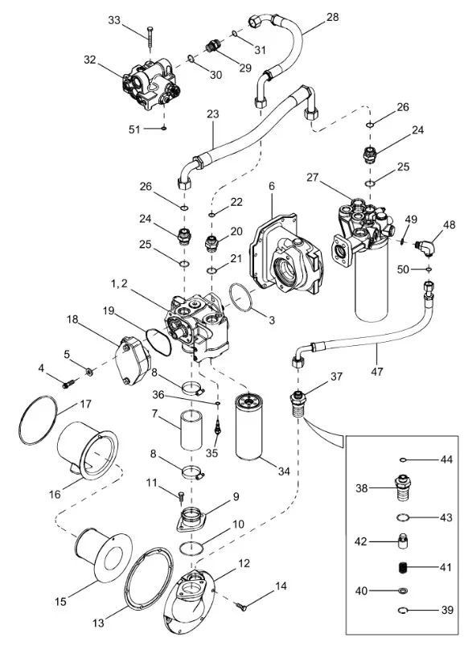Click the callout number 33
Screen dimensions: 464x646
(115, 20)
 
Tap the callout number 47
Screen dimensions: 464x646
(376, 371)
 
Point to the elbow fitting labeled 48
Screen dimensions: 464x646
(424, 247)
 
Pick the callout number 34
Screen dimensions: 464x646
(284, 471)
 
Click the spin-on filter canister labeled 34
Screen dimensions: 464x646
(249, 426)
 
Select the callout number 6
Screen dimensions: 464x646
(272, 186)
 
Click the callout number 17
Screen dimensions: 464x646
(85, 404)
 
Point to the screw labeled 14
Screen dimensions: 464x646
(242, 605)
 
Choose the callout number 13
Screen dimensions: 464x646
(98, 623)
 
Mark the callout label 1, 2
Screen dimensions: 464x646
(119, 283)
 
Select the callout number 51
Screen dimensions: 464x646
(134, 130)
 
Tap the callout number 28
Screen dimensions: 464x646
(332, 17)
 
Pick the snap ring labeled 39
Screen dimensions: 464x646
(404, 610)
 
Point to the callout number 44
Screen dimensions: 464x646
(446, 459)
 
